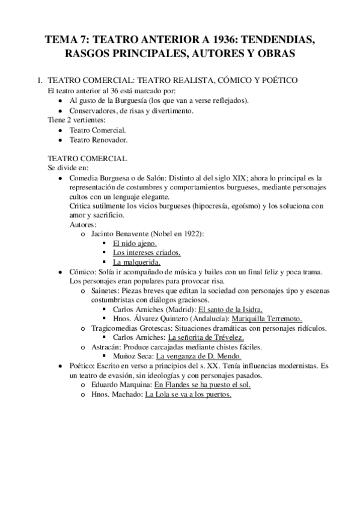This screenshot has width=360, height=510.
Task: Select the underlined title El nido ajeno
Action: [x=135, y=243]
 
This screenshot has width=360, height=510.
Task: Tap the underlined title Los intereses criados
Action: [x=147, y=253]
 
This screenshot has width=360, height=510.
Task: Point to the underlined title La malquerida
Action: [x=136, y=262]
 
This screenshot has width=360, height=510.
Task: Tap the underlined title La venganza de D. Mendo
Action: [x=198, y=357]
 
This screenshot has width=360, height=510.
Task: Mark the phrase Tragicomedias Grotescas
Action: [x=132, y=328]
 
